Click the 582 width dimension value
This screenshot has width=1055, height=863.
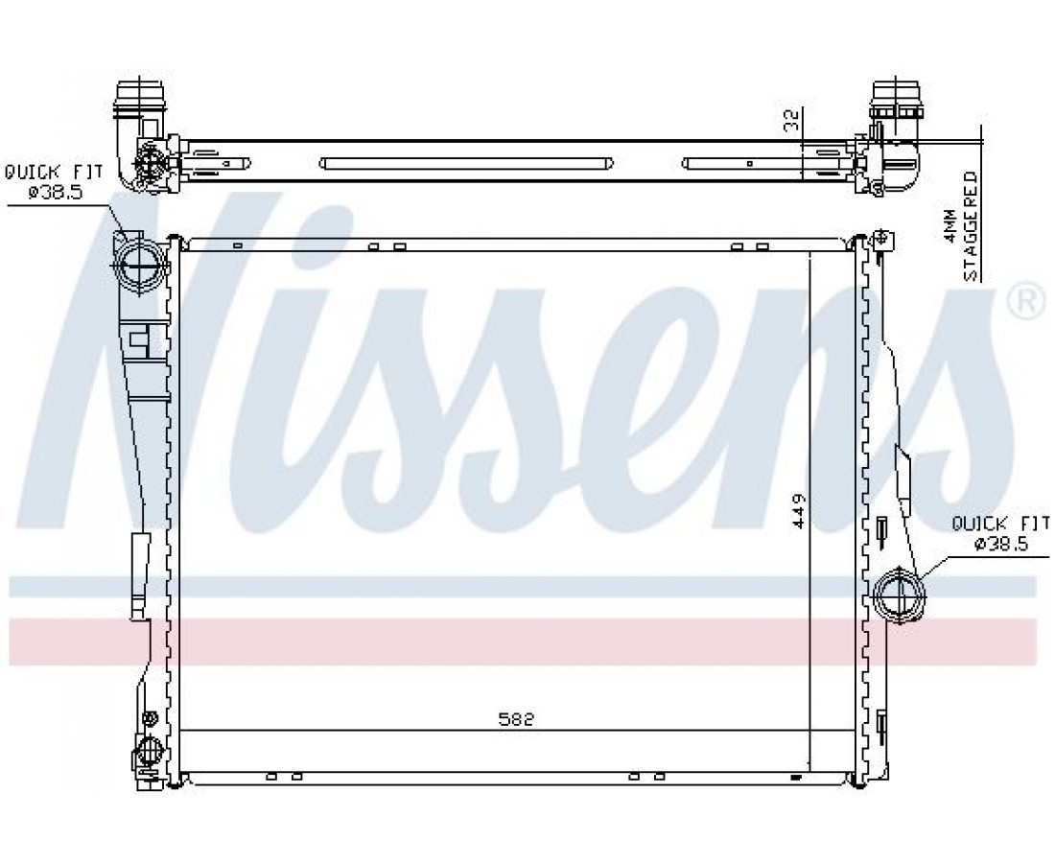click(x=516, y=719)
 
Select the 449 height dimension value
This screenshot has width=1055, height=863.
click(x=798, y=510)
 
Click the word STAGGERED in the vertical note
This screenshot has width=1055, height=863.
click(x=971, y=226)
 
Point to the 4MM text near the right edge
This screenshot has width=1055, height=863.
click(x=949, y=225)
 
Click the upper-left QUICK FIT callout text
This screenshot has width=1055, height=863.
click(x=54, y=173)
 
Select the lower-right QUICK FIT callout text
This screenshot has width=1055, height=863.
click(x=1000, y=522)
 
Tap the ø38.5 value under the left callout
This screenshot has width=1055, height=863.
click(x=56, y=193)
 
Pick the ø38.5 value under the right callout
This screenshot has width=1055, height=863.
click(x=1001, y=544)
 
